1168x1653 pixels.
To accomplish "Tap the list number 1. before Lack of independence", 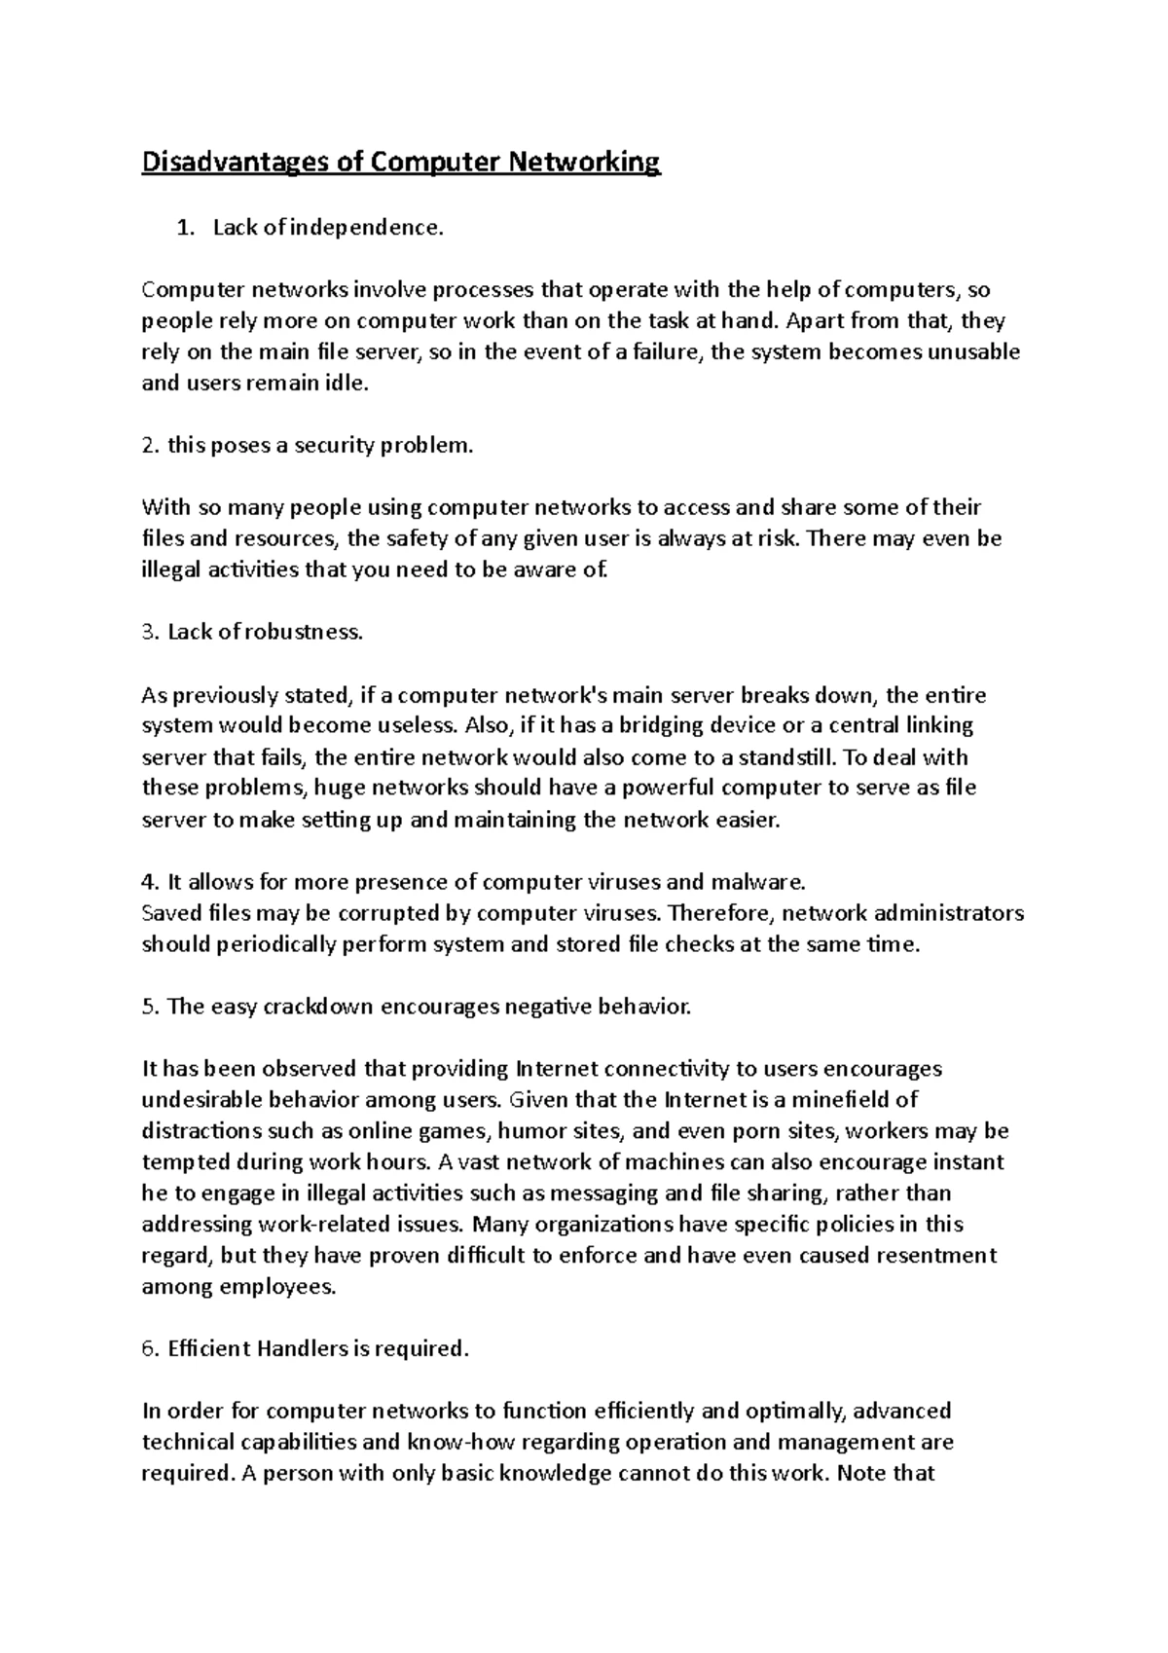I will pyautogui.click(x=184, y=228).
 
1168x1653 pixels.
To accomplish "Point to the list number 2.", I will pyautogui.click(x=150, y=446).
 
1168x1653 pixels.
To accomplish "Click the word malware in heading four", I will pyautogui.click(x=766, y=882).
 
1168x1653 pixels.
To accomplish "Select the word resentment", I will pyautogui.click(x=937, y=1256).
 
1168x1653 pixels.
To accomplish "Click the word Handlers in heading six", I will pyautogui.click(x=301, y=1349).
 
